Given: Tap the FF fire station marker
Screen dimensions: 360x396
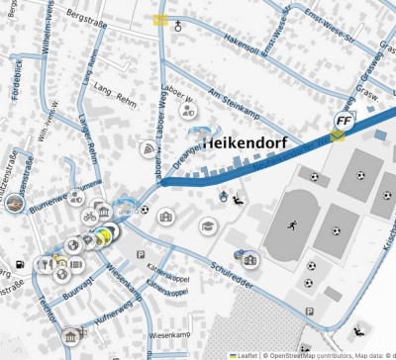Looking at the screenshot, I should [344, 122].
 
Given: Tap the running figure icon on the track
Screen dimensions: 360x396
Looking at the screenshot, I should [292, 225].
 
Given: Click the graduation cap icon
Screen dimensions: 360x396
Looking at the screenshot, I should [207, 226].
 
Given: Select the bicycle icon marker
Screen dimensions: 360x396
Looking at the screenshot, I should [89, 216].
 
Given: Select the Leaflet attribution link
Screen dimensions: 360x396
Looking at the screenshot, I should [243, 354].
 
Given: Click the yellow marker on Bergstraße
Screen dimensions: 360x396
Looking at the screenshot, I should [160, 20].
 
